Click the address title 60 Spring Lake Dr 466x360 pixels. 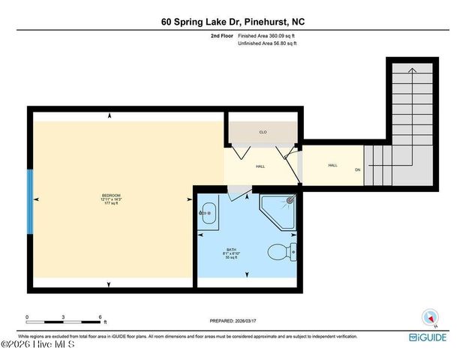coord(233,22)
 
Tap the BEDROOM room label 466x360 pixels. coord(111,196)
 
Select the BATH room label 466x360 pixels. coord(232,250)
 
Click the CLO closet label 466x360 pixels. coord(263,132)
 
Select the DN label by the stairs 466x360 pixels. coord(357,169)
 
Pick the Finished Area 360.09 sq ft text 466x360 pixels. coord(266,35)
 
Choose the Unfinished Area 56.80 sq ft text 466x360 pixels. coord(267,43)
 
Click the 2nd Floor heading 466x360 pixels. coord(220,35)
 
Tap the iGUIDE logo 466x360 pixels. coord(430,338)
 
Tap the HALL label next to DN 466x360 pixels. coord(332,165)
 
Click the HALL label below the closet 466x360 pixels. coord(260,166)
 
